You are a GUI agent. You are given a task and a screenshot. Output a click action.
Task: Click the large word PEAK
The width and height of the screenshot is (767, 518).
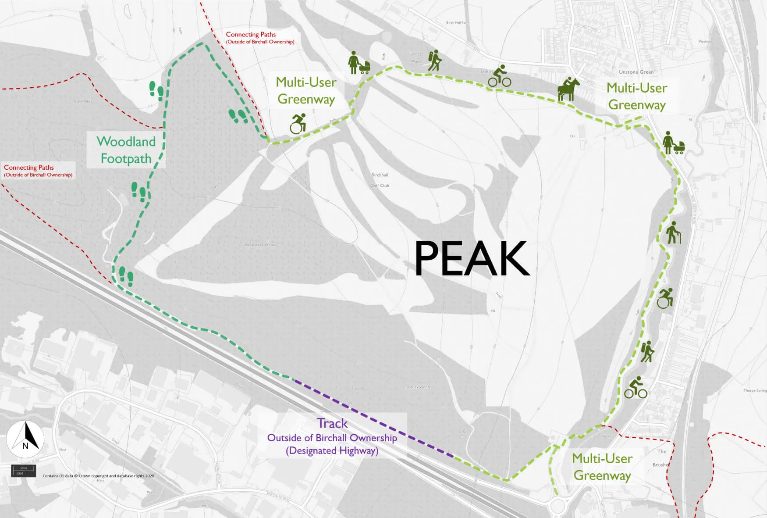[472, 259]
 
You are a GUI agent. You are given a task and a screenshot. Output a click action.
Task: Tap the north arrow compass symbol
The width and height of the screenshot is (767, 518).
[25, 439]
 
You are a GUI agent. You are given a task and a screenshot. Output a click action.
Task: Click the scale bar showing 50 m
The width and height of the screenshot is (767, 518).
[23, 471]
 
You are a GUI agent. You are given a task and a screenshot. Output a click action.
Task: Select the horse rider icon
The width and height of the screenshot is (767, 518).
[568, 89]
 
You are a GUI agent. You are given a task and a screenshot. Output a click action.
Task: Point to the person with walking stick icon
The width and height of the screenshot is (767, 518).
[674, 233]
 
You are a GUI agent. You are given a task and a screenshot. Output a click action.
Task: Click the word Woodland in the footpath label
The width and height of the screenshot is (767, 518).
[126, 142]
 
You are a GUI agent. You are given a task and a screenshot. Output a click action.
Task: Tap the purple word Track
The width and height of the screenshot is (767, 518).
[332, 424]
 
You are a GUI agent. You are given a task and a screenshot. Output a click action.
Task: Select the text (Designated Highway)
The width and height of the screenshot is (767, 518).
[332, 451]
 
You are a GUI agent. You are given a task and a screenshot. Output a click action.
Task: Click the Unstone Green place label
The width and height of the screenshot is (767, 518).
[636, 72]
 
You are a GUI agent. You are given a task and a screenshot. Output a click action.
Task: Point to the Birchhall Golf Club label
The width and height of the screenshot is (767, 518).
[380, 180]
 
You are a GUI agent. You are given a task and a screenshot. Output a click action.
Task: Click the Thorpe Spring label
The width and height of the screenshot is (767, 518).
[755, 390]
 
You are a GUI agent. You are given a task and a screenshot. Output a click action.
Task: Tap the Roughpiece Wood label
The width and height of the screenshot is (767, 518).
[259, 245]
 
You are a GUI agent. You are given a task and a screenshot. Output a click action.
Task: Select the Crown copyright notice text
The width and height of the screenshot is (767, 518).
[98, 476]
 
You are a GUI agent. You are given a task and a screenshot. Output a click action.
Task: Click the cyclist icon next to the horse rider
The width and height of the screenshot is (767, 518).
[500, 76]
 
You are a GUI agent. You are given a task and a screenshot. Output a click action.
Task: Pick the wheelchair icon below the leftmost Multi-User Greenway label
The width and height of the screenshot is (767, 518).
[298, 124]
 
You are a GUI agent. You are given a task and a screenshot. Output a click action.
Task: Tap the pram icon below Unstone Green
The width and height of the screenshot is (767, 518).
[673, 143]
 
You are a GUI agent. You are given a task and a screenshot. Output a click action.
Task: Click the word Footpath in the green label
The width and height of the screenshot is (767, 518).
[126, 159]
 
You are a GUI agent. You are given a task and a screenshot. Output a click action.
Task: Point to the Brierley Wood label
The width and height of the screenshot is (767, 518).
[417, 387]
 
